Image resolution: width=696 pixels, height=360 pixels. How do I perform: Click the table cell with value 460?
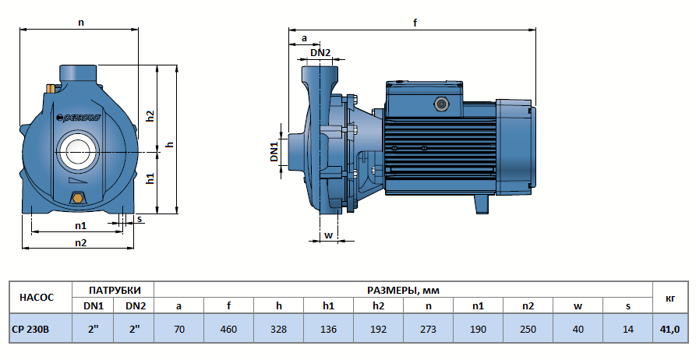click(228, 329)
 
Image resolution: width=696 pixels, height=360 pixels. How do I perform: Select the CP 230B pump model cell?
click(31, 329)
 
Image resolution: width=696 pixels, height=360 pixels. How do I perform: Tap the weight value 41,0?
click(670, 329)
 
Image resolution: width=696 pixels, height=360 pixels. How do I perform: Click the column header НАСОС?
click(37, 297)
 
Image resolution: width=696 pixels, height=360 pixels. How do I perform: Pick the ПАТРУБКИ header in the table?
click(115, 289)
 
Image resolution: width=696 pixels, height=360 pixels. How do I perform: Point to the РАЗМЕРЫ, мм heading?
click(403, 289)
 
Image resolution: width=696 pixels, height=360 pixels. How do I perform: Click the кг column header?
click(670, 297)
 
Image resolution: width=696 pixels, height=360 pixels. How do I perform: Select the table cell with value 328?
click(278, 329)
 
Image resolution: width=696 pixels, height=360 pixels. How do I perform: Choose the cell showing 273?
click(428, 329)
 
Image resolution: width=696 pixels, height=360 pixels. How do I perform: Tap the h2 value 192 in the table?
click(378, 329)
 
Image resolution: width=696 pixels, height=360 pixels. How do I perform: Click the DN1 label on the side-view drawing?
click(275, 152)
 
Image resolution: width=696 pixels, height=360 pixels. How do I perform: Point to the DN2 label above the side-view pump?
click(320, 53)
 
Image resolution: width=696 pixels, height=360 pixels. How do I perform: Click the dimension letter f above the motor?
click(415, 23)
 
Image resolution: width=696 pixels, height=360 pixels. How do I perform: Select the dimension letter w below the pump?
click(328, 235)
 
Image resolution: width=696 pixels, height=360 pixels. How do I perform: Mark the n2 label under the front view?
click(80, 242)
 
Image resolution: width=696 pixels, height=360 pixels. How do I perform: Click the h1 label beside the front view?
click(151, 179)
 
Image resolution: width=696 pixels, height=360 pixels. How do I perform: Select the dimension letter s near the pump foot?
click(140, 219)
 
